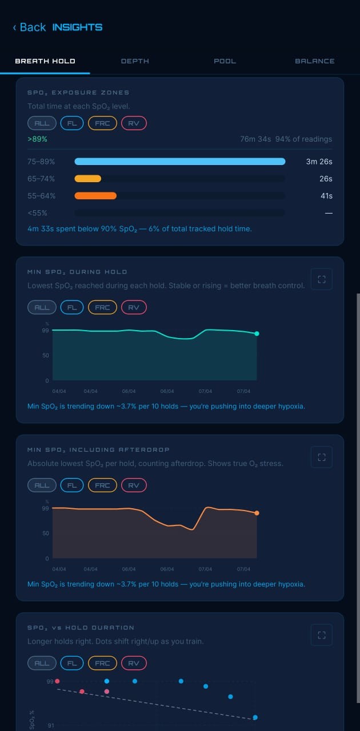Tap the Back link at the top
(29, 27)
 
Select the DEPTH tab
(135, 61)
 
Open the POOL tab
(225, 61)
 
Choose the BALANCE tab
(314, 61)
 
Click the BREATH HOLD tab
(45, 61)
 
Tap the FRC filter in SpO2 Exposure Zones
(102, 123)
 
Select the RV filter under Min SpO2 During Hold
(134, 307)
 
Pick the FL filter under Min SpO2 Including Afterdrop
(72, 485)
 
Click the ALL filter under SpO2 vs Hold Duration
(42, 663)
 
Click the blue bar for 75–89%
(179, 162)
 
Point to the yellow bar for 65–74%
(87, 179)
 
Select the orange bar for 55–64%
(95, 196)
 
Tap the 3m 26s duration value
(319, 162)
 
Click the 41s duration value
(326, 196)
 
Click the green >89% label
(37, 139)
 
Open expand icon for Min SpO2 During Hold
(321, 279)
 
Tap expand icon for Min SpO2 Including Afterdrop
(321, 457)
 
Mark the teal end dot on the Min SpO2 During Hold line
(257, 334)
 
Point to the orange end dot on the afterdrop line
(257, 513)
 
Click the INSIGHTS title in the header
(77, 27)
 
